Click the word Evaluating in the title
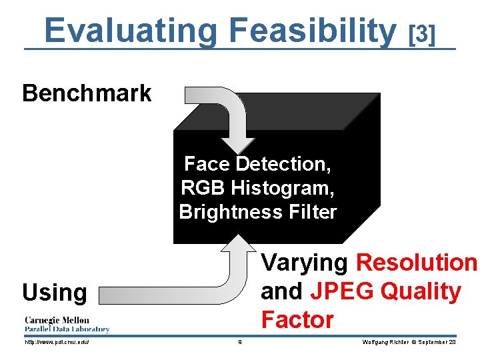pos(131,30)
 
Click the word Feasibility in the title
pos(312,30)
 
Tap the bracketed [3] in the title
pos(421,33)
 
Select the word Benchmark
pos(87,93)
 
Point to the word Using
pos(54,293)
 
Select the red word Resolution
pos(417,263)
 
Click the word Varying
pos(305,263)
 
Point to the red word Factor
pos(297,320)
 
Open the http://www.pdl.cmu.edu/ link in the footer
pos(57,342)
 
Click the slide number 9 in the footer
pos(239,342)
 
